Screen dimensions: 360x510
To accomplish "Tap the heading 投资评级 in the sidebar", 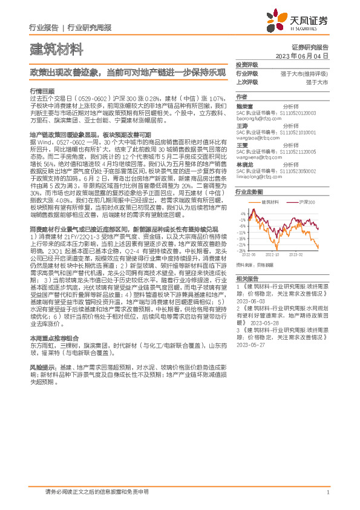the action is coord(246,64).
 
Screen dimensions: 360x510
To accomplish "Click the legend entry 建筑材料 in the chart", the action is coord(269,201).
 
